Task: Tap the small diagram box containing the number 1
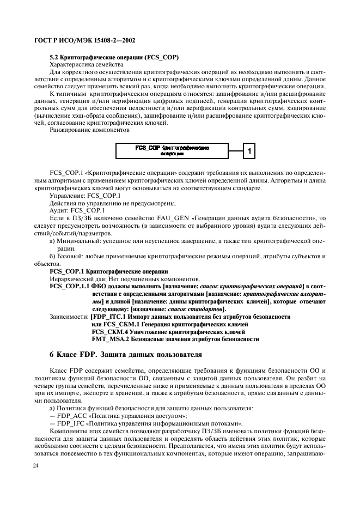click(248, 150)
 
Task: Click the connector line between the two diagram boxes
click(235, 150)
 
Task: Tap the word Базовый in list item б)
click(70, 256)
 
